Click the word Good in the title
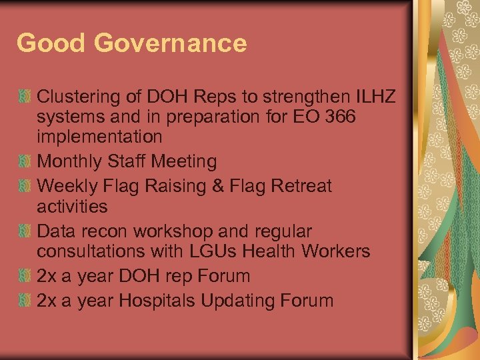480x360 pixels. pos(51,44)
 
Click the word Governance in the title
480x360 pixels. pos(170,44)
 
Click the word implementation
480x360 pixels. pos(99,137)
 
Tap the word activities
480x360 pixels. pos(72,206)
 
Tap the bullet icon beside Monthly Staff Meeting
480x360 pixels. pos(25,162)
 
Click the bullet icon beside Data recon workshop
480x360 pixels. pos(25,231)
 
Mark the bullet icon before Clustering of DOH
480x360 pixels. pos(25,98)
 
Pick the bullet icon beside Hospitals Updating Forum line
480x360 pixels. pos(25,301)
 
